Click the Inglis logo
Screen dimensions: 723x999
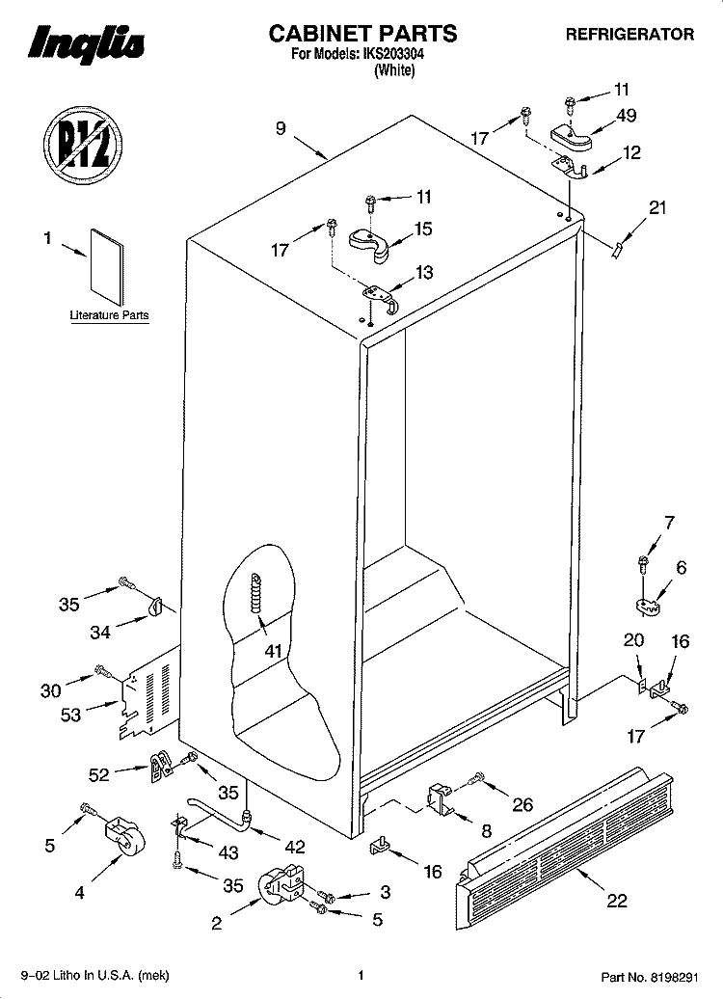pos(87,44)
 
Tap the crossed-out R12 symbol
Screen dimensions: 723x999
pos(83,146)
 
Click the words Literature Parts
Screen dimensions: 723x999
pos(109,315)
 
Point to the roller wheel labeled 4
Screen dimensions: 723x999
pos(124,835)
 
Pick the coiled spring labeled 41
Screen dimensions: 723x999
pos(257,593)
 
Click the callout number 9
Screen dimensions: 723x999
pos(281,128)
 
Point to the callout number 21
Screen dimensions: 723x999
pos(657,207)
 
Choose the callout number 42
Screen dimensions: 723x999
pos(295,847)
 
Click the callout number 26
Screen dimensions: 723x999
pos(522,804)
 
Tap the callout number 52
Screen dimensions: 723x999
pos(98,774)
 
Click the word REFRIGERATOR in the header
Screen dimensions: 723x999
pos(630,35)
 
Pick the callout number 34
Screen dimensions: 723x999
pos(100,632)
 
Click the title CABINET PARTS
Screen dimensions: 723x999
pos(362,33)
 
